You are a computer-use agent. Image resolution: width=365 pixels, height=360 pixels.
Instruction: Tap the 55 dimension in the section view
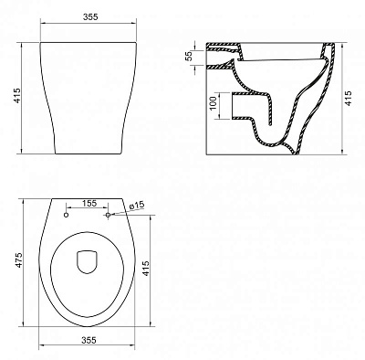coord(188,57)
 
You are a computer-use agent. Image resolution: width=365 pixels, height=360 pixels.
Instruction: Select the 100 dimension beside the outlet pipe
coord(212,105)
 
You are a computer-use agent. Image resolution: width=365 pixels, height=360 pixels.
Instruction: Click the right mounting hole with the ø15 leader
coord(108,216)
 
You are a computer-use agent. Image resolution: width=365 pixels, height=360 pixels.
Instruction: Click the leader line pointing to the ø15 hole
coord(119,211)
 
